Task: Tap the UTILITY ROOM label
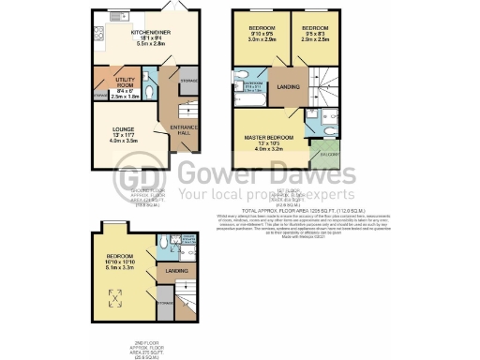pyautogui.click(x=126, y=82)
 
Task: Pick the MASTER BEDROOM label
pyautogui.click(x=269, y=138)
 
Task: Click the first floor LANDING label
pyautogui.click(x=289, y=87)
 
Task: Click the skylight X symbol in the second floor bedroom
pyautogui.click(x=116, y=297)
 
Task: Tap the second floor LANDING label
pyautogui.click(x=175, y=271)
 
